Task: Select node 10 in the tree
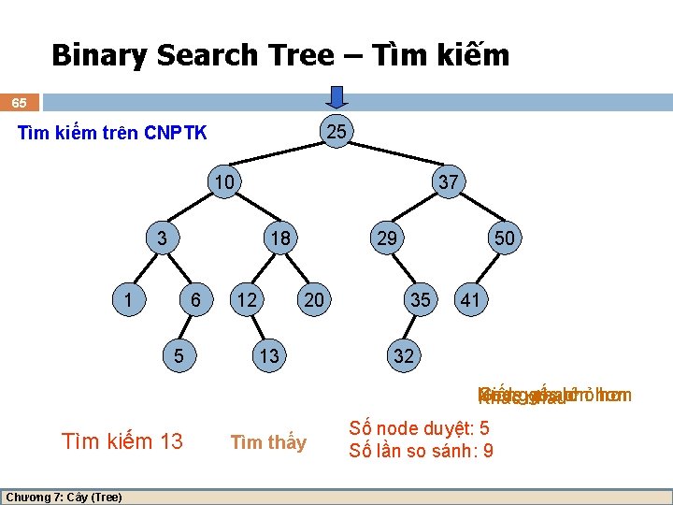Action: point(223,181)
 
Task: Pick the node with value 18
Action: point(279,238)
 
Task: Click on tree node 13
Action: point(268,355)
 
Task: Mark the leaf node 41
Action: point(470,299)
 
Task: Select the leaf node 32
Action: point(404,355)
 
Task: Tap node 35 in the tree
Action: point(421,299)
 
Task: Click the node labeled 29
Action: point(386,238)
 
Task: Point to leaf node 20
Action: point(314,299)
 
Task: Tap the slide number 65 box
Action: point(20,102)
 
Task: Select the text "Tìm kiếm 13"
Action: point(122,440)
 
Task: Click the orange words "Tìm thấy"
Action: point(268,442)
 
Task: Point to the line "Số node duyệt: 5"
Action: point(419,429)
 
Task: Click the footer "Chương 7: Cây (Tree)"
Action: point(64,497)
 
